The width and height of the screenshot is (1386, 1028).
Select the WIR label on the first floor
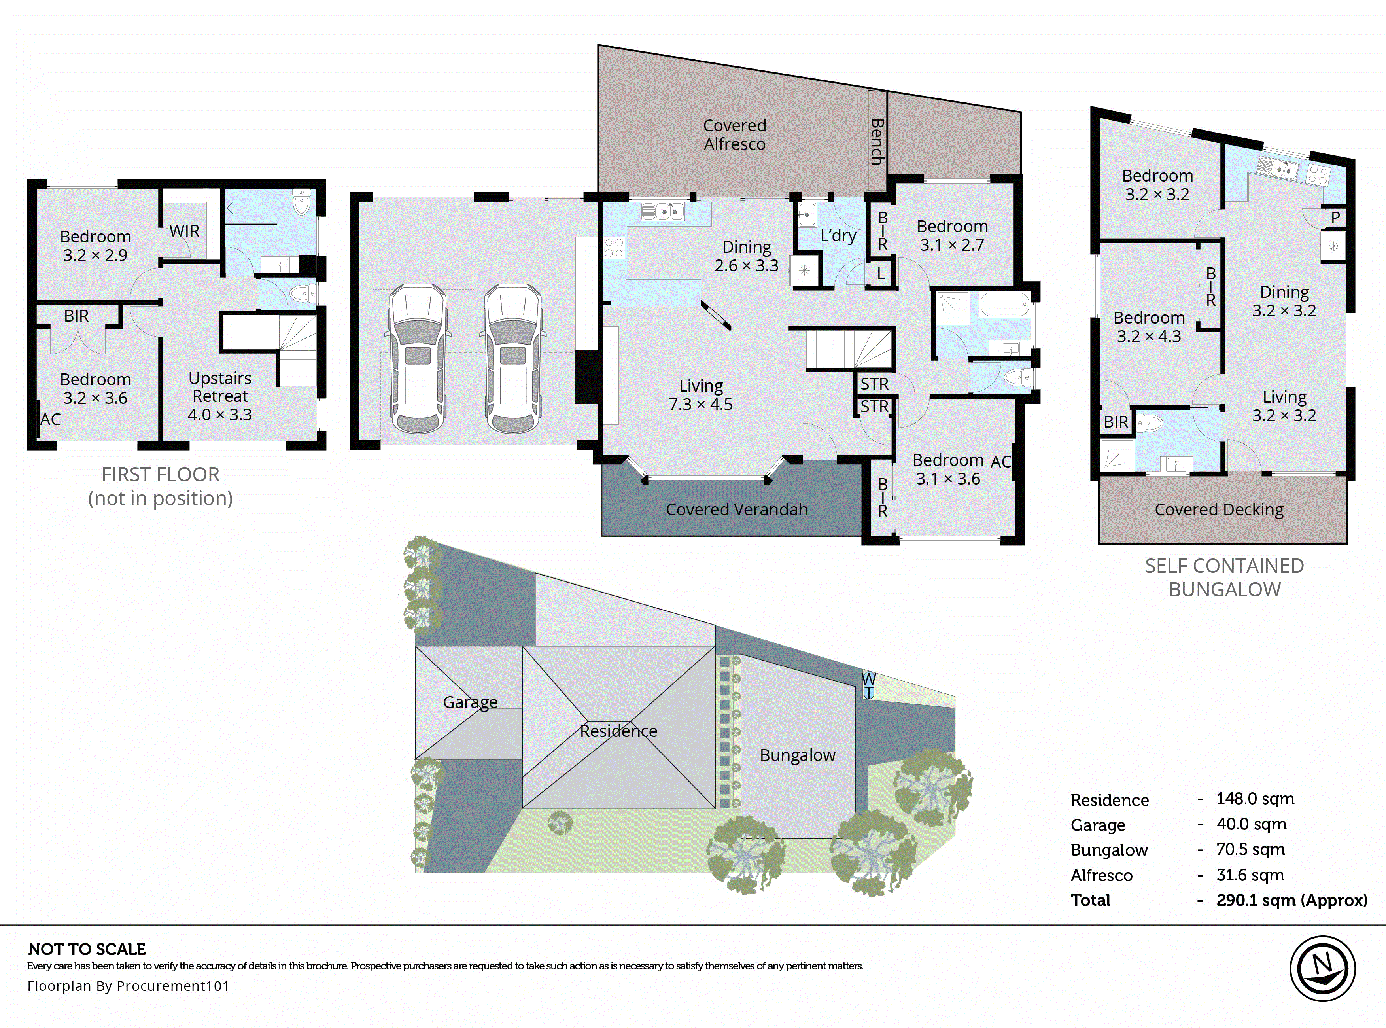(x=184, y=231)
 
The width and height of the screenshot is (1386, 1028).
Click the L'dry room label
(x=838, y=236)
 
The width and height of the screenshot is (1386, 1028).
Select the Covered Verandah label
(x=737, y=509)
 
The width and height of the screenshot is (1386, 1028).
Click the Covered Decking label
(x=1219, y=509)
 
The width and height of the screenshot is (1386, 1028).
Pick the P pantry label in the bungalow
(x=1335, y=218)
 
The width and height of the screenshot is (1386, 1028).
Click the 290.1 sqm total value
(x=1291, y=900)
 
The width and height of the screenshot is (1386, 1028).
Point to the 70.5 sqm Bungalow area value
(x=1250, y=849)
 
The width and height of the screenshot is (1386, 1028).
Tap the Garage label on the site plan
(x=470, y=702)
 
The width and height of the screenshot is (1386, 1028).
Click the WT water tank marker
(x=868, y=685)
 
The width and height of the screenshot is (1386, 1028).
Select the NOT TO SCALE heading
(x=87, y=949)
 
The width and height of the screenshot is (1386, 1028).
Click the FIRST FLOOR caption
(x=161, y=475)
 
